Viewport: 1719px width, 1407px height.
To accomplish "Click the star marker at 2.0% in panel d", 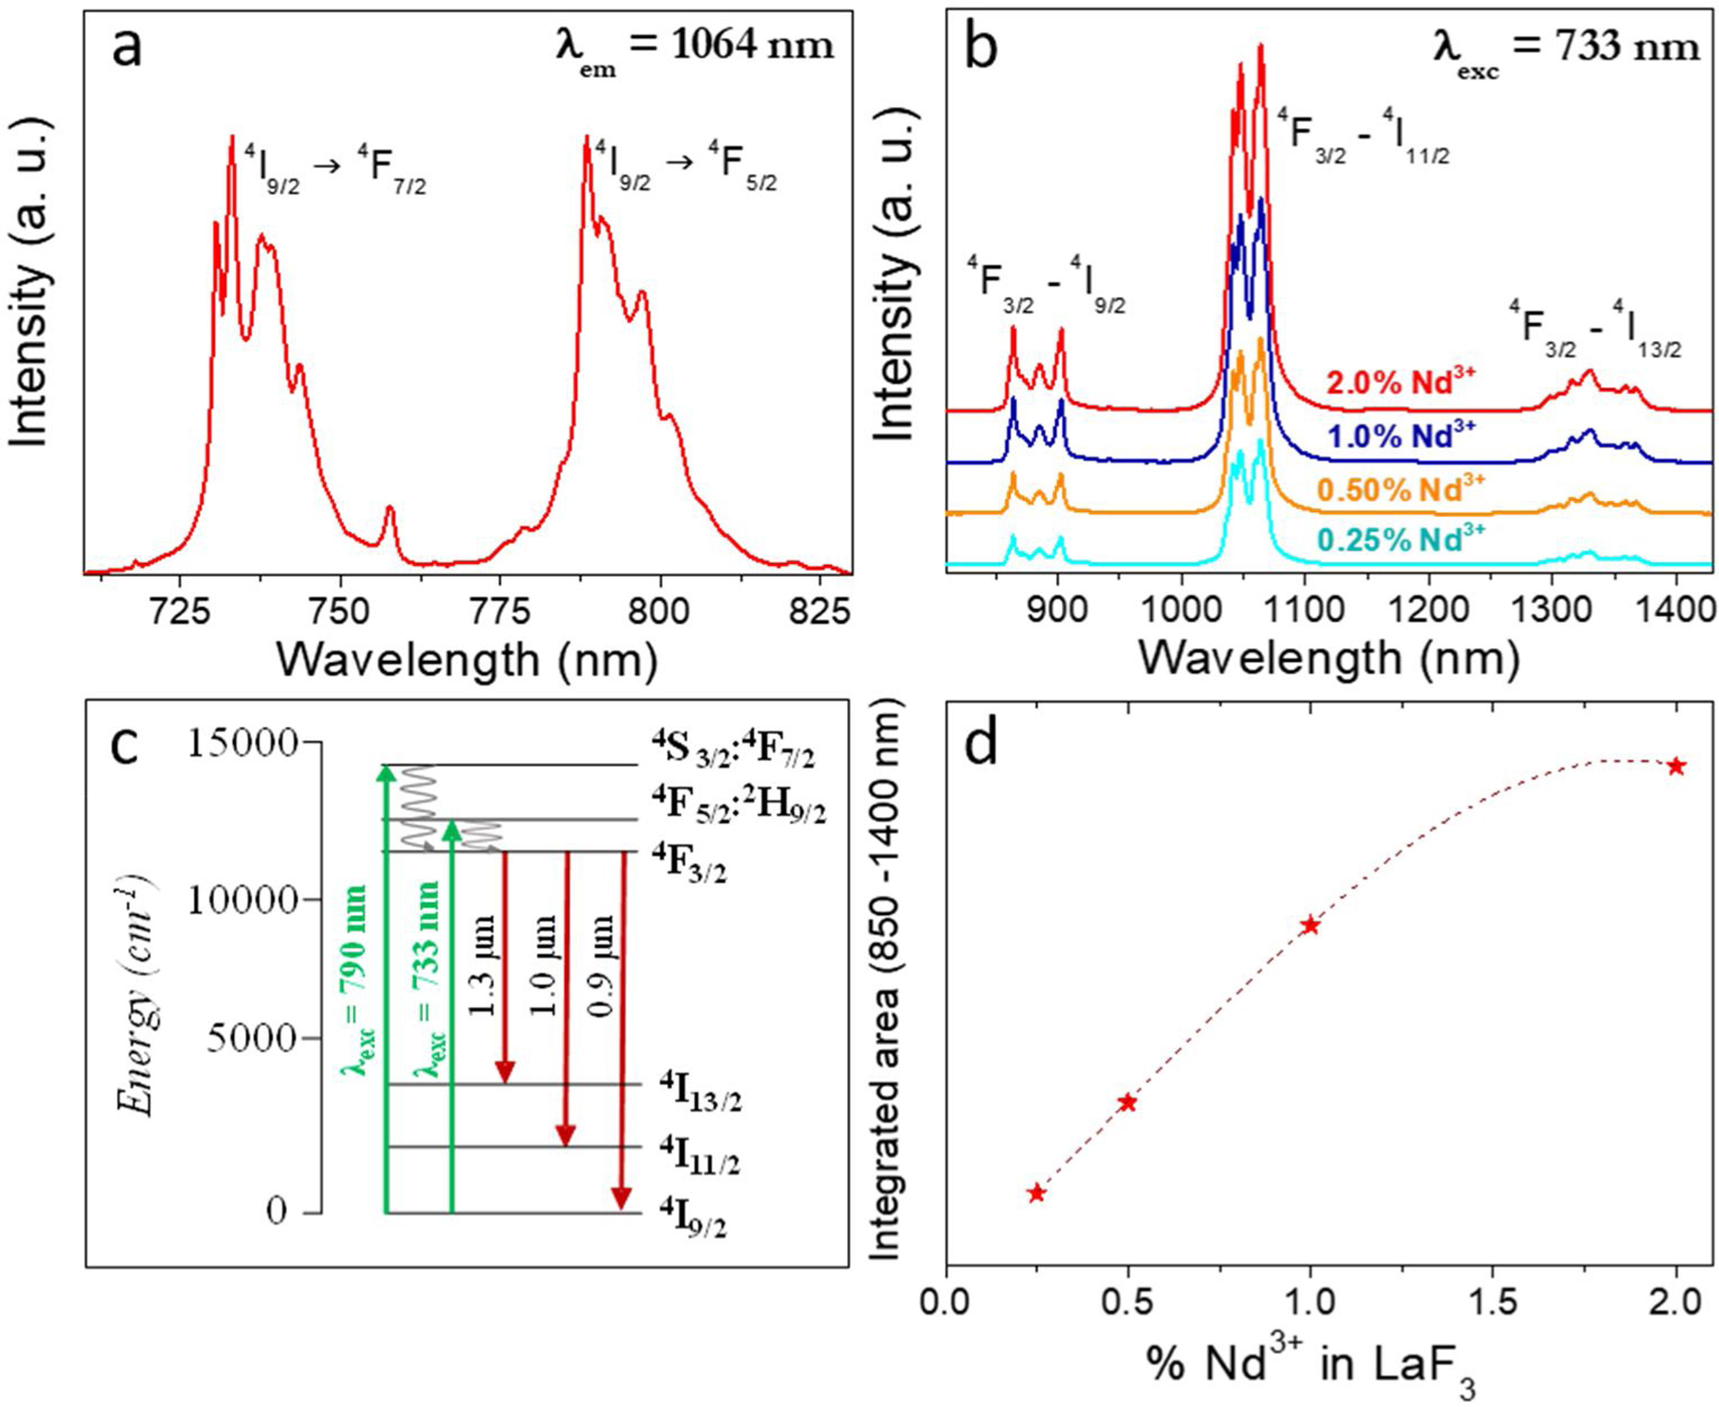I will pyautogui.click(x=1676, y=766).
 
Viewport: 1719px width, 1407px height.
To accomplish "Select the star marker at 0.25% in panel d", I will pyautogui.click(x=1036, y=1193).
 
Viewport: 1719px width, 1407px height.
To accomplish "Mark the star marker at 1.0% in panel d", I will pyautogui.click(x=1310, y=926).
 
